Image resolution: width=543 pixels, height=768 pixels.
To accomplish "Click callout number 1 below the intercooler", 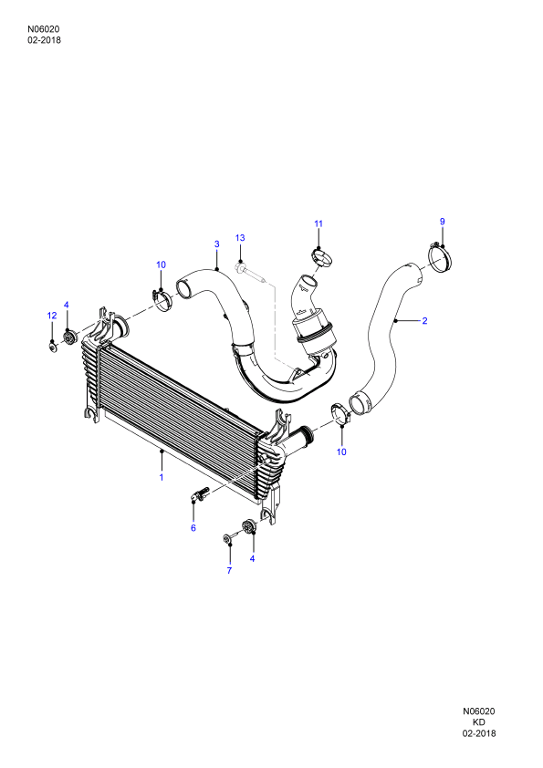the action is (162, 477).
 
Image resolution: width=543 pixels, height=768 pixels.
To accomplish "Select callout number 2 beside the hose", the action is (425, 321).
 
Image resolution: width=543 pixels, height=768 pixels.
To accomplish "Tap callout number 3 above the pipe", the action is (216, 244).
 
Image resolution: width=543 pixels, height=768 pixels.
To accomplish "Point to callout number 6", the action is (193, 528).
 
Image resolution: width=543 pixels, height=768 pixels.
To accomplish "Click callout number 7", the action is (229, 571).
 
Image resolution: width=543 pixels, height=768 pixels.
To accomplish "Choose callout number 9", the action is (442, 222).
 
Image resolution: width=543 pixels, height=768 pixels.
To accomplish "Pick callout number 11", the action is (318, 223).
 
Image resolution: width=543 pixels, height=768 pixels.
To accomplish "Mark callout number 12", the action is (52, 316).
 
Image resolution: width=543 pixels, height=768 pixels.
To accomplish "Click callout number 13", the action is (240, 238).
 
